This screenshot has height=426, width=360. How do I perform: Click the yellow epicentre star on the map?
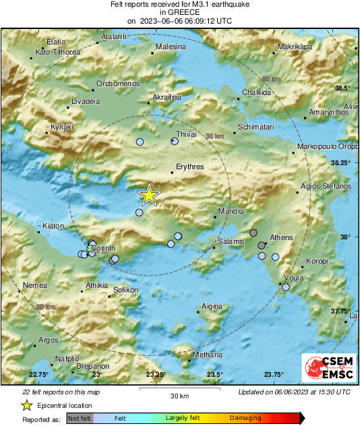click(x=149, y=195)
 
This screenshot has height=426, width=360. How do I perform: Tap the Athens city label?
click(x=281, y=238)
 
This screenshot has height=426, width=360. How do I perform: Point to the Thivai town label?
click(x=185, y=135)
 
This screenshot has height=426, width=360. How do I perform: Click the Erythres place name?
click(x=189, y=166)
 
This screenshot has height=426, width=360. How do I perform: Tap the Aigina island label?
click(x=212, y=307)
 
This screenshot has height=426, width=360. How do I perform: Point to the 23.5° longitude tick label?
click(x=215, y=375)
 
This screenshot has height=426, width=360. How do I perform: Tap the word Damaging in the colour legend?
click(x=245, y=419)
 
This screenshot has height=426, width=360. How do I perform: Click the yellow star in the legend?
click(x=26, y=406)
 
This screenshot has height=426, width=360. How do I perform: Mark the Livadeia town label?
click(x=86, y=102)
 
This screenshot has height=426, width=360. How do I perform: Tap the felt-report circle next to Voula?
click(x=286, y=287)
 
